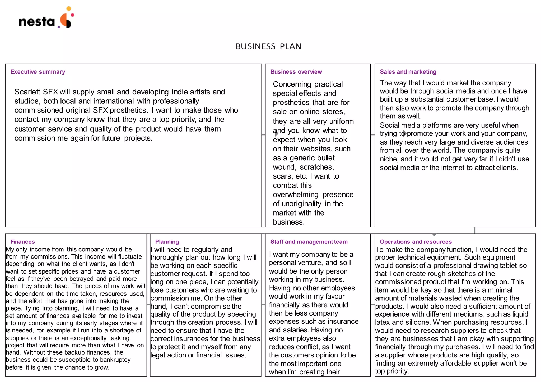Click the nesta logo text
tap(37, 22)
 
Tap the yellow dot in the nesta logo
tap(69, 8)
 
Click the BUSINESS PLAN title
tap(268, 46)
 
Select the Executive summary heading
tap(38, 72)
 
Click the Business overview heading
tap(296, 72)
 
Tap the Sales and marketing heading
tap(408, 72)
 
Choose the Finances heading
tap(23, 242)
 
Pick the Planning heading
tap(167, 242)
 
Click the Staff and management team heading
tap(309, 242)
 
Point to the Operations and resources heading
tap(416, 242)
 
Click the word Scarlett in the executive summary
tap(27, 92)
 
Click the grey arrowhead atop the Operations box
tap(434, 235)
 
